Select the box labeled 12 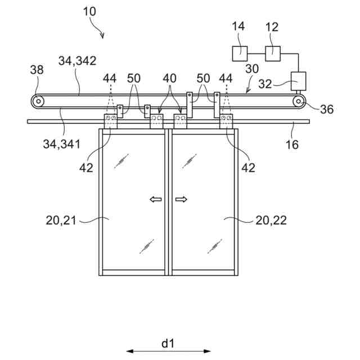click(273, 53)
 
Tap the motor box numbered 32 click(298, 82)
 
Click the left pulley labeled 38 click(38, 102)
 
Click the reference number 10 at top click(89, 11)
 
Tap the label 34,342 click(78, 60)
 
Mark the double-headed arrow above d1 click(168, 352)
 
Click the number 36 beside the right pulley click(326, 109)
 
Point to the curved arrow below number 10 click(99, 30)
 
